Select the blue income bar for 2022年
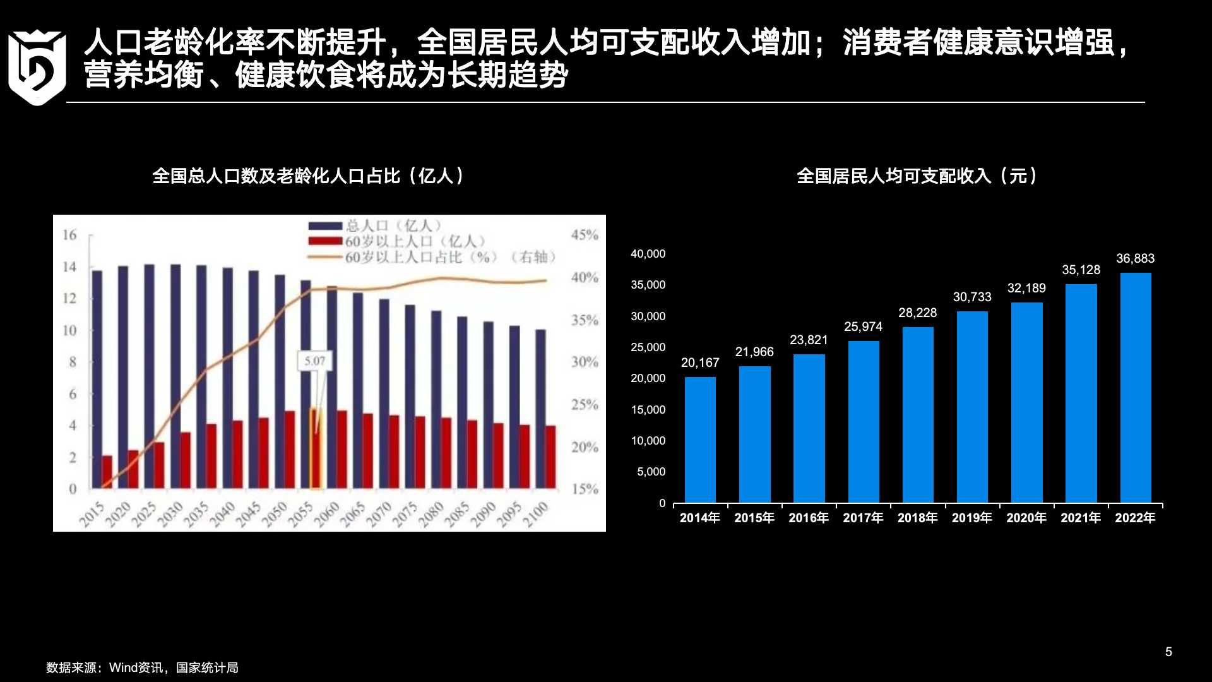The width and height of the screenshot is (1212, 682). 1135,388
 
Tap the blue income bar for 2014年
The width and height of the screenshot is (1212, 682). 700,440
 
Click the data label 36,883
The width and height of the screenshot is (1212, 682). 1135,259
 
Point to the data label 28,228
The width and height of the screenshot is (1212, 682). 917,313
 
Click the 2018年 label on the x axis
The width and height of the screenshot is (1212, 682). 917,518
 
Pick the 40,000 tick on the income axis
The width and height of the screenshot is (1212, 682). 648,254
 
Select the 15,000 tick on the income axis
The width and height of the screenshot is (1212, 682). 648,410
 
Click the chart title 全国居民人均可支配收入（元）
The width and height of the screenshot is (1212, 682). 917,176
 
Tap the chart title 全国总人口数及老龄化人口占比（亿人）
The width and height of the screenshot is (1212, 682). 308,176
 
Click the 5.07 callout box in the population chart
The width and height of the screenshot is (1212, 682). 314,361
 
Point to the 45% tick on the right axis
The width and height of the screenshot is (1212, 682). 584,235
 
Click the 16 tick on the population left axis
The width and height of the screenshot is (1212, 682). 69,235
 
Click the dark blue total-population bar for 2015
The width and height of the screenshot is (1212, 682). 97,379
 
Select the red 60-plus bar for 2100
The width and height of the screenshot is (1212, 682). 550,457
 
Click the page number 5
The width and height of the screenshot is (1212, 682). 1168,652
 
